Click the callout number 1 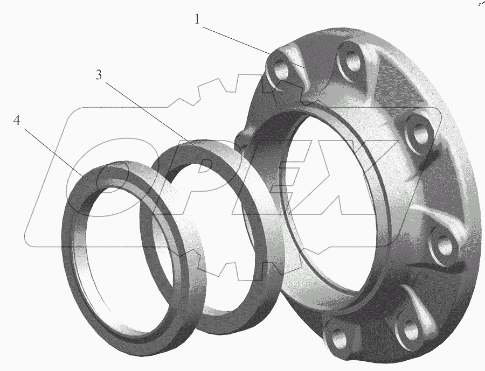pos(197,19)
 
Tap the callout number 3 pos(99,74)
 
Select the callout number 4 pos(17,120)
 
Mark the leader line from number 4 pos(53,152)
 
